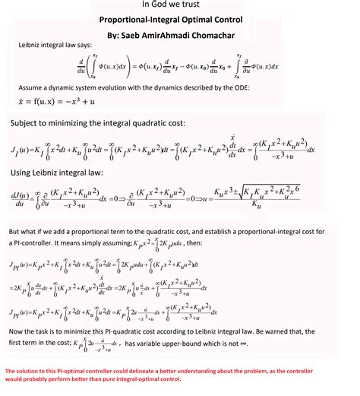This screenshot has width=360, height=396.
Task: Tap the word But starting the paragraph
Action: (16, 231)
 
